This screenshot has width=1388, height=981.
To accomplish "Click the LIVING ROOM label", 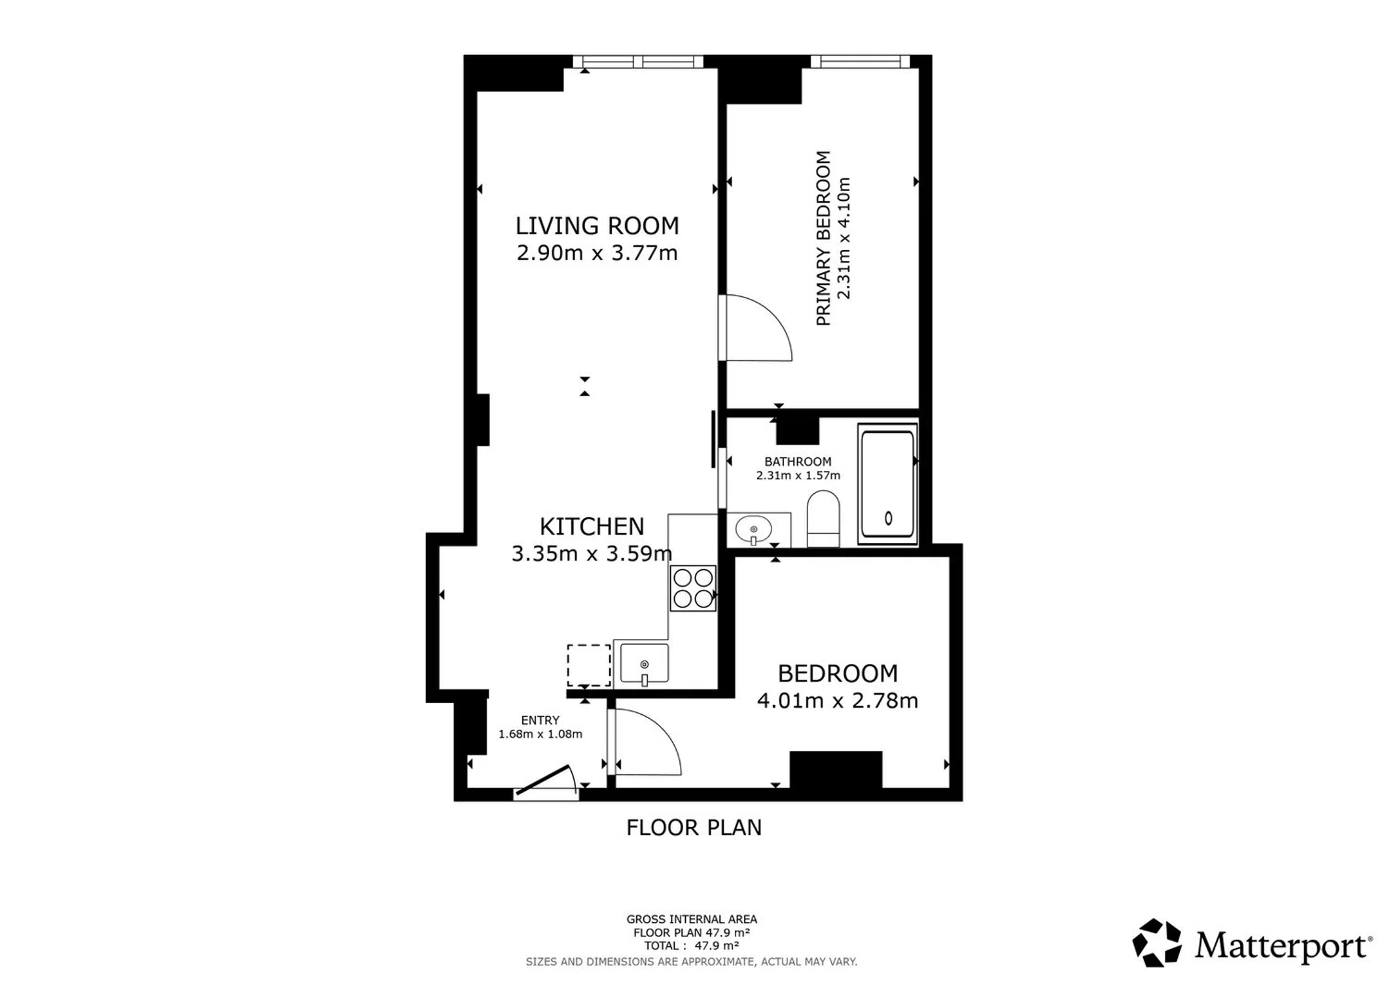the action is tap(597, 226).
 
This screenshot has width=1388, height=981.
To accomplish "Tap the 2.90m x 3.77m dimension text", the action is tap(597, 252).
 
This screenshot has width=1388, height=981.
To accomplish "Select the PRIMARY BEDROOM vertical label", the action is tap(823, 238).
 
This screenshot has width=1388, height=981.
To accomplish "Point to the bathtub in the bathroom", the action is tap(887, 484).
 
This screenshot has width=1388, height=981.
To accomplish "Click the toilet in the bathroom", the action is tap(823, 519).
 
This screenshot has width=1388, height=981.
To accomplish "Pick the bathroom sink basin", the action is tap(753, 529).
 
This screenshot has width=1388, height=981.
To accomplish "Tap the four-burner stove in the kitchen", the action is tap(693, 588).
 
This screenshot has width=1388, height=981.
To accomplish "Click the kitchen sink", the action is tap(645, 664).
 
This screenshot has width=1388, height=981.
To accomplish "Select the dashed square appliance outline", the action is tap(589, 665).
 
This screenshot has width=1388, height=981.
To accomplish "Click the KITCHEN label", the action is tap(592, 526).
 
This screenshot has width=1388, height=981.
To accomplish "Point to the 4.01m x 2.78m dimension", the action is tap(838, 700).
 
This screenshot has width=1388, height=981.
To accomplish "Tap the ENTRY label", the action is tap(540, 720).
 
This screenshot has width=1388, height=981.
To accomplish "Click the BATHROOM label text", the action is tap(798, 461).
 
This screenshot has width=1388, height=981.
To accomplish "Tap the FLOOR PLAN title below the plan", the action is tap(694, 827).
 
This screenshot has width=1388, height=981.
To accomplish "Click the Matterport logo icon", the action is tap(1156, 942).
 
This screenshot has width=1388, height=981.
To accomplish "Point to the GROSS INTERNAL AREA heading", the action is tap(692, 919).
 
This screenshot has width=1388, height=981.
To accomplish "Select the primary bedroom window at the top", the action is tap(860, 61).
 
